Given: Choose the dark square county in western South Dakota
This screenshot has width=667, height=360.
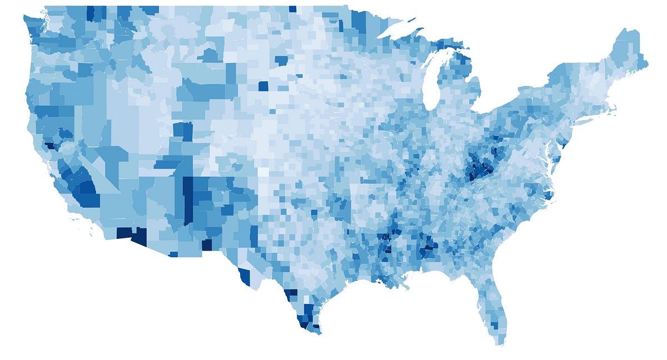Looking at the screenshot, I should tap(263, 86).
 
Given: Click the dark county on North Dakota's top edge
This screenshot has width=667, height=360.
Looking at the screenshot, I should tap(292, 9).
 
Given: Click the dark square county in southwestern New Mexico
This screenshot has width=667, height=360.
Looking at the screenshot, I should tap(207, 244).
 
